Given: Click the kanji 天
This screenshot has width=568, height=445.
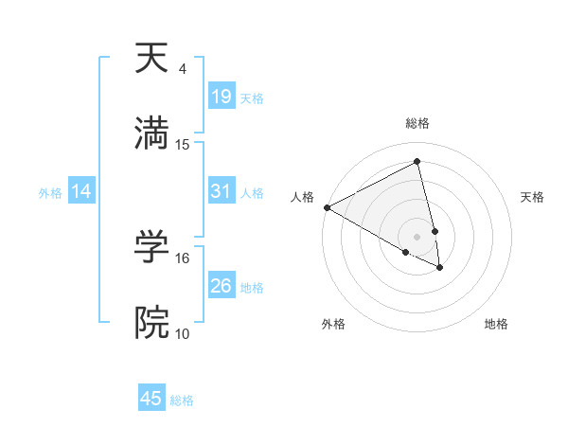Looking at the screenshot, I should click(151, 60).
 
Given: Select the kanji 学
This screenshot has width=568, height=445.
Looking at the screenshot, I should click(151, 248).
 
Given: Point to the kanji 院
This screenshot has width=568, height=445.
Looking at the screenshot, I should click(151, 323).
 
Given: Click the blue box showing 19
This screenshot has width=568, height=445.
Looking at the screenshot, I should click(222, 97).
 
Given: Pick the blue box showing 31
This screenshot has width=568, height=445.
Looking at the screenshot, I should click(222, 191).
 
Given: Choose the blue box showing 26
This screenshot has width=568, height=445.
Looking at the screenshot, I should click(222, 286).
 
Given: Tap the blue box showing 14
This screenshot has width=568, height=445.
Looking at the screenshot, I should click(81, 191).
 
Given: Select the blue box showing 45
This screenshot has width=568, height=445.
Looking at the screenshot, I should click(151, 399).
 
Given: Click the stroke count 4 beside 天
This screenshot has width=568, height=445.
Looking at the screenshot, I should click(182, 70).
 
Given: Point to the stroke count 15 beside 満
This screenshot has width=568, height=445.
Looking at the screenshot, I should click(183, 145).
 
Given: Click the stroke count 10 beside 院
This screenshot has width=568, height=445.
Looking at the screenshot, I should click(183, 333).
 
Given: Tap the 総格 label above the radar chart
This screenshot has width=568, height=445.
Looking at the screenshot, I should click(417, 123).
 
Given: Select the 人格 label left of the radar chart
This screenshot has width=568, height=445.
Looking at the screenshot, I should click(302, 197).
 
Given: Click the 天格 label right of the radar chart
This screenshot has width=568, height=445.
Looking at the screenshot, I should click(533, 197).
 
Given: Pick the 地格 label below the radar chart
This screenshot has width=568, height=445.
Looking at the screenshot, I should click(496, 324).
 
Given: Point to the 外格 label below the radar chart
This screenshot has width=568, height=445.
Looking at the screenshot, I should click(333, 324).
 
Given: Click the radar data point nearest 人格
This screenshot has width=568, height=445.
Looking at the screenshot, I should click(327, 207).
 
